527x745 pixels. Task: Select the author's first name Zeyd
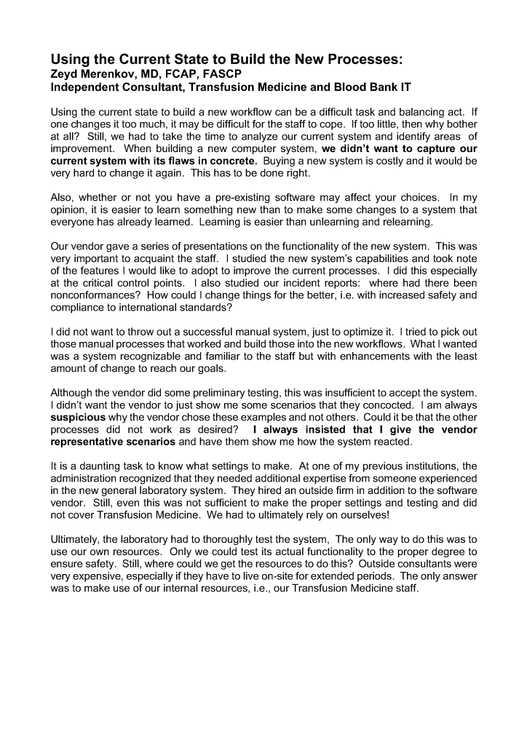(65, 73)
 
